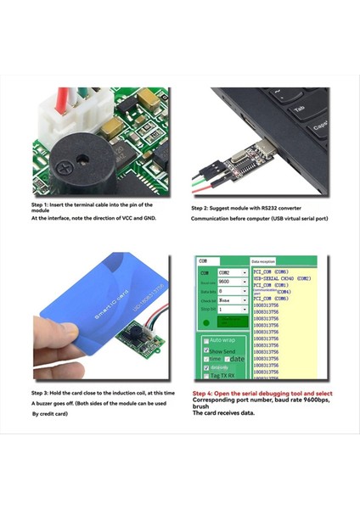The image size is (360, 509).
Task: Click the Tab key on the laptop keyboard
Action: tap(299, 109)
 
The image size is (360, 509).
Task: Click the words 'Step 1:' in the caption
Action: tap(42, 205)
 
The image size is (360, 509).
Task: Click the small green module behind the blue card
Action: tap(138, 338)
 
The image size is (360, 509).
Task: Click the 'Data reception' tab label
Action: tap(267, 262)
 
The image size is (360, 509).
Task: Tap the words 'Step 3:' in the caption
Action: tap(42, 394)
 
